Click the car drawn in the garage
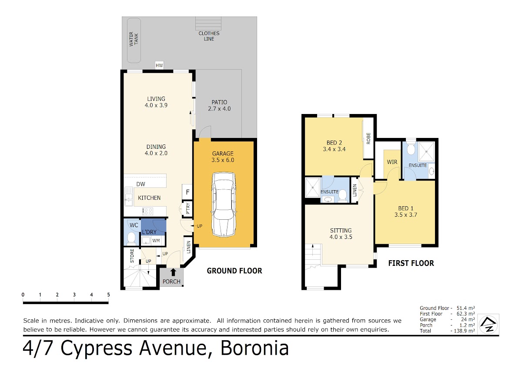[224, 205]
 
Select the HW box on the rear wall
[159, 65]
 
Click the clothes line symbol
[208, 23]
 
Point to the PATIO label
[219, 102]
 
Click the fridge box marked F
[187, 192]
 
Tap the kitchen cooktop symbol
[147, 211]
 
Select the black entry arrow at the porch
[173, 272]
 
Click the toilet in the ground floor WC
[132, 238]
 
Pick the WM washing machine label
[156, 240]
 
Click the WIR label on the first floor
[392, 162]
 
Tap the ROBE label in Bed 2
[368, 138]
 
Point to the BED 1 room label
[406, 208]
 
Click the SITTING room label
[341, 230]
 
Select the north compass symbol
[488, 324]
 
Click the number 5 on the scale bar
[108, 295]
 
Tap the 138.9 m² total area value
[464, 331]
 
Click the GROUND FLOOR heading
[234, 271]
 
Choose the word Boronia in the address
[254, 348]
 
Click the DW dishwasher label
[141, 184]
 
